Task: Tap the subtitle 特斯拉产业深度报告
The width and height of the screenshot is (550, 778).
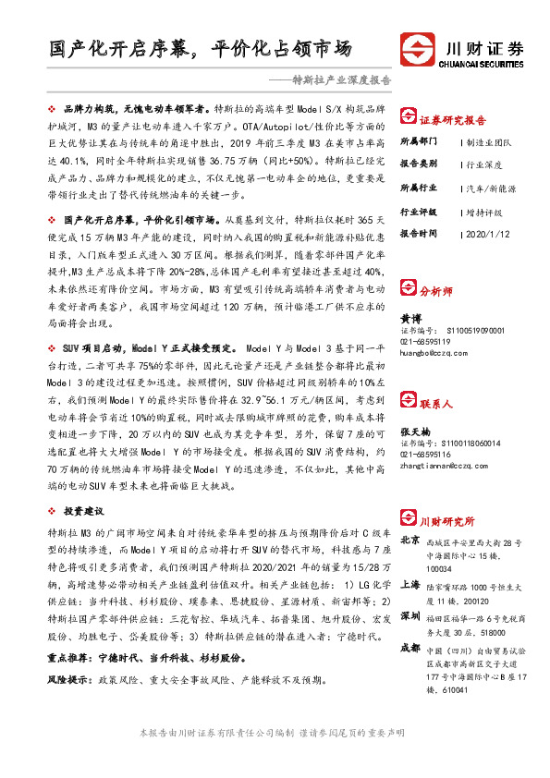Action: coord(338,80)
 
